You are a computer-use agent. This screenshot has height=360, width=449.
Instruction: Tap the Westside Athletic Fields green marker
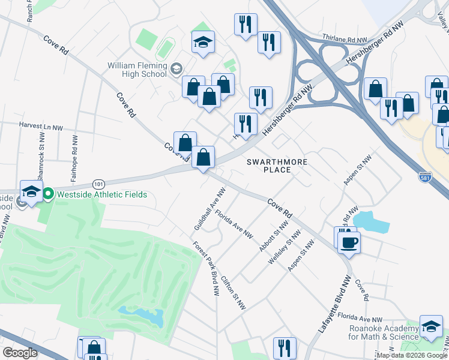(x=47, y=194)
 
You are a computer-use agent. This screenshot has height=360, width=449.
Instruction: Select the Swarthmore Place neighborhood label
(x=277, y=166)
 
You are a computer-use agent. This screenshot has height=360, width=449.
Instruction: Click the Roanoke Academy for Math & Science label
(x=384, y=332)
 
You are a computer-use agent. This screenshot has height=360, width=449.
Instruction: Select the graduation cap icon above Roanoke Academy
(x=431, y=326)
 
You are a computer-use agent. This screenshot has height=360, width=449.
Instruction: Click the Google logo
(x=20, y=353)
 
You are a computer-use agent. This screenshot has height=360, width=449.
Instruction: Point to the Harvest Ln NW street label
(x=41, y=127)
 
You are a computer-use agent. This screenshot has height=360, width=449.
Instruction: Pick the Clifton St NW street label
(x=234, y=292)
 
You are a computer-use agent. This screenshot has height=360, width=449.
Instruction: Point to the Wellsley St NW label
(x=284, y=247)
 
